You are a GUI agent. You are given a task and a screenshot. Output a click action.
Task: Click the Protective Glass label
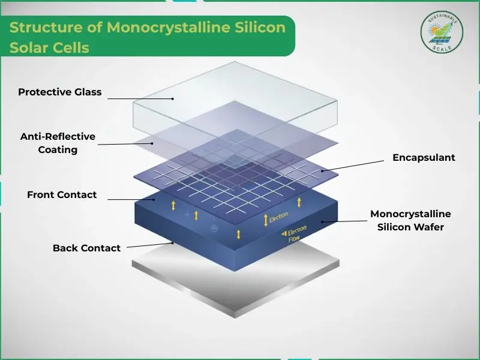(x=59, y=92)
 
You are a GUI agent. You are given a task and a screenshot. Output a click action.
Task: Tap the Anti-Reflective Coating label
(x=58, y=143)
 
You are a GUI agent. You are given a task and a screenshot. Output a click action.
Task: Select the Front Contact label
(x=62, y=195)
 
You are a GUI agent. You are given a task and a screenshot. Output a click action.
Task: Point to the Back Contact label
(x=86, y=248)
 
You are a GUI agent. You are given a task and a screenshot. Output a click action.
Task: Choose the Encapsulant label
(x=424, y=158)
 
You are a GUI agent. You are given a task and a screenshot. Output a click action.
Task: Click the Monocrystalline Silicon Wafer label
(x=410, y=220)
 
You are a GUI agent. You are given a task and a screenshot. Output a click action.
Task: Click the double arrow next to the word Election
(x=265, y=220)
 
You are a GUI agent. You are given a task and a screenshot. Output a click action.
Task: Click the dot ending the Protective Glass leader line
(x=173, y=98)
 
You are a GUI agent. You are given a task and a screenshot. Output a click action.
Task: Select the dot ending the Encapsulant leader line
(x=322, y=170)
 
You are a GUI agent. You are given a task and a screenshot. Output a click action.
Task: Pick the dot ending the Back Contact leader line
(x=173, y=243)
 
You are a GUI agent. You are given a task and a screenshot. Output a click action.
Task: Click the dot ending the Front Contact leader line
(x=155, y=199)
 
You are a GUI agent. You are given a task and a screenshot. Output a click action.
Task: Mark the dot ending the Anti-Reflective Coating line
(x=152, y=143)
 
